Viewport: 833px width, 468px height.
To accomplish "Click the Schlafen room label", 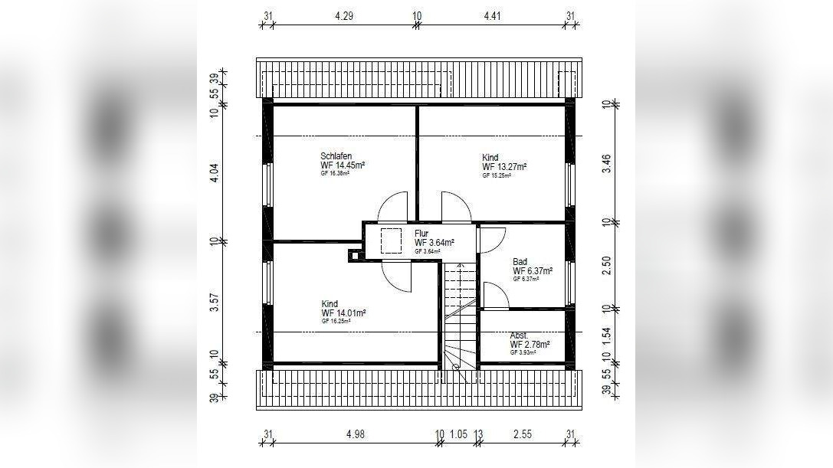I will (x=336, y=155).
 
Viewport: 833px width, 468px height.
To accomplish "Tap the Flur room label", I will (x=421, y=234).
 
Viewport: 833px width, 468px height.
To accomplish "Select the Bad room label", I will (x=520, y=262).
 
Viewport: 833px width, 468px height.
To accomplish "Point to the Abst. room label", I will (x=519, y=335).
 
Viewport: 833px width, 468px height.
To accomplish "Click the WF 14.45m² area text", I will (x=343, y=165).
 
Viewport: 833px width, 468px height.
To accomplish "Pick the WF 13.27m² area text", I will (x=503, y=166).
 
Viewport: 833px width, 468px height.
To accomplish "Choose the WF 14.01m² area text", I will (x=343, y=313).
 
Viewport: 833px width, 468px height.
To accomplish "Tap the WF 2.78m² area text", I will (x=530, y=345).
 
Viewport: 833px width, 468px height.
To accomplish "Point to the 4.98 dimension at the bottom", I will (x=354, y=434).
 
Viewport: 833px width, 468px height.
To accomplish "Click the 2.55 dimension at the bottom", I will (x=523, y=434).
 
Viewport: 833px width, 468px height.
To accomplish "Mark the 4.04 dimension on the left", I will (x=215, y=172).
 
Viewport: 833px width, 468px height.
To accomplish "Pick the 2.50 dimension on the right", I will (x=606, y=265).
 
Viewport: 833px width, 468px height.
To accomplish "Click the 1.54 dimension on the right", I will (x=606, y=333).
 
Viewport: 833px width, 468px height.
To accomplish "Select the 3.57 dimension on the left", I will (x=215, y=303).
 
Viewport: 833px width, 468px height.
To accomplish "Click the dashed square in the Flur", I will (x=391, y=239).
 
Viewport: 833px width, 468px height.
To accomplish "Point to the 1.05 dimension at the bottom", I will (x=459, y=434).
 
